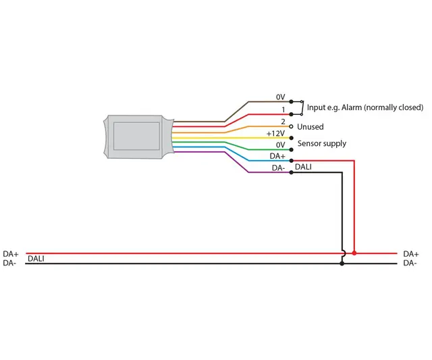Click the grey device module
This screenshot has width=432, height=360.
[136, 135]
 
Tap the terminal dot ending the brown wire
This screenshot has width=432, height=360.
[291, 102]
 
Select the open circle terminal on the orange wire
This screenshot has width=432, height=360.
[291, 126]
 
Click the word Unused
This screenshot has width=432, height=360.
[310, 127]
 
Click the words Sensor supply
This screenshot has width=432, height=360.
[321, 143]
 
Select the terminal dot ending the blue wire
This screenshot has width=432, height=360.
[291, 161]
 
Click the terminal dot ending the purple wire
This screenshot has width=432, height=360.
[291, 172]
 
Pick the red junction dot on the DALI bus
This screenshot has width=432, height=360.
[354, 253]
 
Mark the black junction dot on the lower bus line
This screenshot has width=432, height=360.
[342, 263]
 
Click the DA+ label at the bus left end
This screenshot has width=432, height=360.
[11, 254]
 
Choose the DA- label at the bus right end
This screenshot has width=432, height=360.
[410, 263]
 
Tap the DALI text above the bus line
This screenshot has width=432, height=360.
[36, 259]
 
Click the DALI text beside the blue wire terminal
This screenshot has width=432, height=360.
[304, 165]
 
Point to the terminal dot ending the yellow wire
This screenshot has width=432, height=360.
[291, 138]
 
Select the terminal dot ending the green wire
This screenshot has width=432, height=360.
[291, 149]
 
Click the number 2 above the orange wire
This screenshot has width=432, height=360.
[284, 121]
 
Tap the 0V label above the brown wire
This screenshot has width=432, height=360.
[281, 97]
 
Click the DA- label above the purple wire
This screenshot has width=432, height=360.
[278, 168]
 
